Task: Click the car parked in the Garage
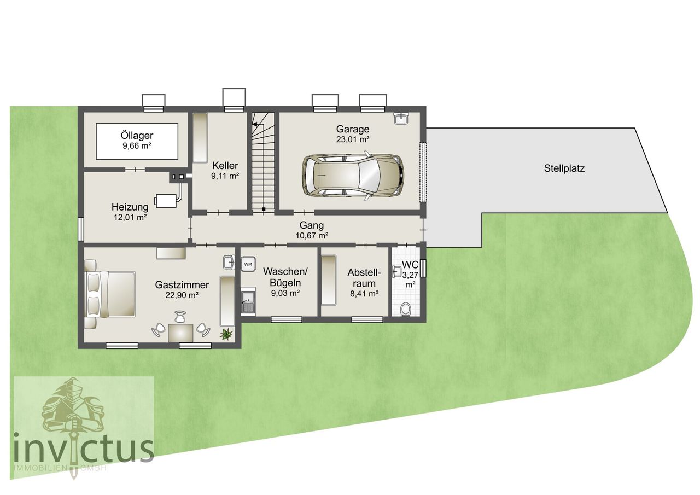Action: tap(353, 176)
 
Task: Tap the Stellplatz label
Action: tap(564, 168)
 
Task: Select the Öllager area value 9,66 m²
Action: tap(137, 146)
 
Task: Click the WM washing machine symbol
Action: tap(248, 264)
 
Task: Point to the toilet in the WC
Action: tap(405, 309)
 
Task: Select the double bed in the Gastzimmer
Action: tap(110, 294)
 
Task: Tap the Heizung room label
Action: tap(130, 207)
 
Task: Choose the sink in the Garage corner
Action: tap(401, 119)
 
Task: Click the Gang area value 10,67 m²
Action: tap(312, 236)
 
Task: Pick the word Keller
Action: tap(225, 165)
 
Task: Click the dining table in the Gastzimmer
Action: tap(180, 333)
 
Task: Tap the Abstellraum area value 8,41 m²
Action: tap(364, 294)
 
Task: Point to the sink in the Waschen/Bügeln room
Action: tap(248, 302)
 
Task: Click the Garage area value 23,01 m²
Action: tap(353, 139)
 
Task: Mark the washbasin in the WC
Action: tap(397, 271)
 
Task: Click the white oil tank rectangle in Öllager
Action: tap(137, 141)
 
